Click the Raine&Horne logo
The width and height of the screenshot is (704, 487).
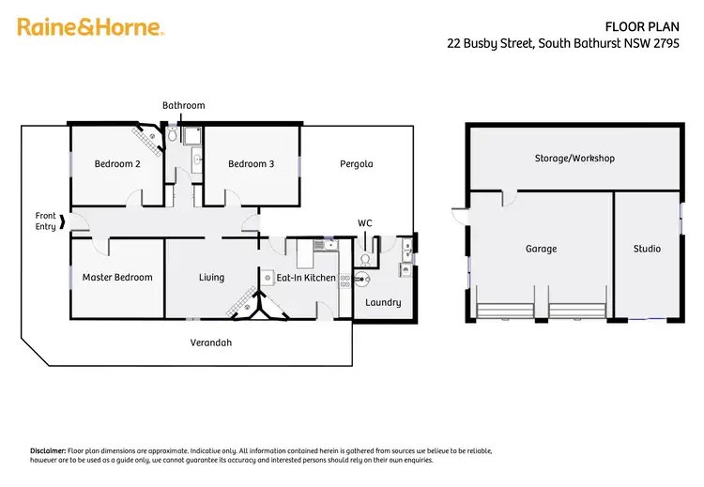[91, 27]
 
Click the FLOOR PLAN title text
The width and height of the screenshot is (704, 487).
[648, 25]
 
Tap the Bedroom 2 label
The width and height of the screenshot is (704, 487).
[117, 164]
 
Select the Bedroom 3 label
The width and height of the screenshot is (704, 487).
[251, 164]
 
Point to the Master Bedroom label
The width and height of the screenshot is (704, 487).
[116, 278]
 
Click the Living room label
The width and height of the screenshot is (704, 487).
[211, 278]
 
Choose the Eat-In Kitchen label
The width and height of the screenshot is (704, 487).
[305, 278]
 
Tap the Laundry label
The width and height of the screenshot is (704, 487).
[383, 302]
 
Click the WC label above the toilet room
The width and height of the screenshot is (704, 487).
[365, 223]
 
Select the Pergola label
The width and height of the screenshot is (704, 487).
[356, 164]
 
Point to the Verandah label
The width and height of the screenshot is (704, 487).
[212, 343]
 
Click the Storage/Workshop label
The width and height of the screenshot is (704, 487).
[574, 159]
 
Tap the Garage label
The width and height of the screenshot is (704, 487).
[541, 249]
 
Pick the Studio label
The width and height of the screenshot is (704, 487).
[647, 249]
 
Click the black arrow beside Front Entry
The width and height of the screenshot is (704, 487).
[63, 222]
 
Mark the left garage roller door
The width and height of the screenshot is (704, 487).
[505, 312]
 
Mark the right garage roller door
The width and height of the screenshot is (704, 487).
[575, 312]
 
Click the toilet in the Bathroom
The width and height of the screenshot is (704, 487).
[172, 135]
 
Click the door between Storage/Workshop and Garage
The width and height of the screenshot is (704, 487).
[508, 197]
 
